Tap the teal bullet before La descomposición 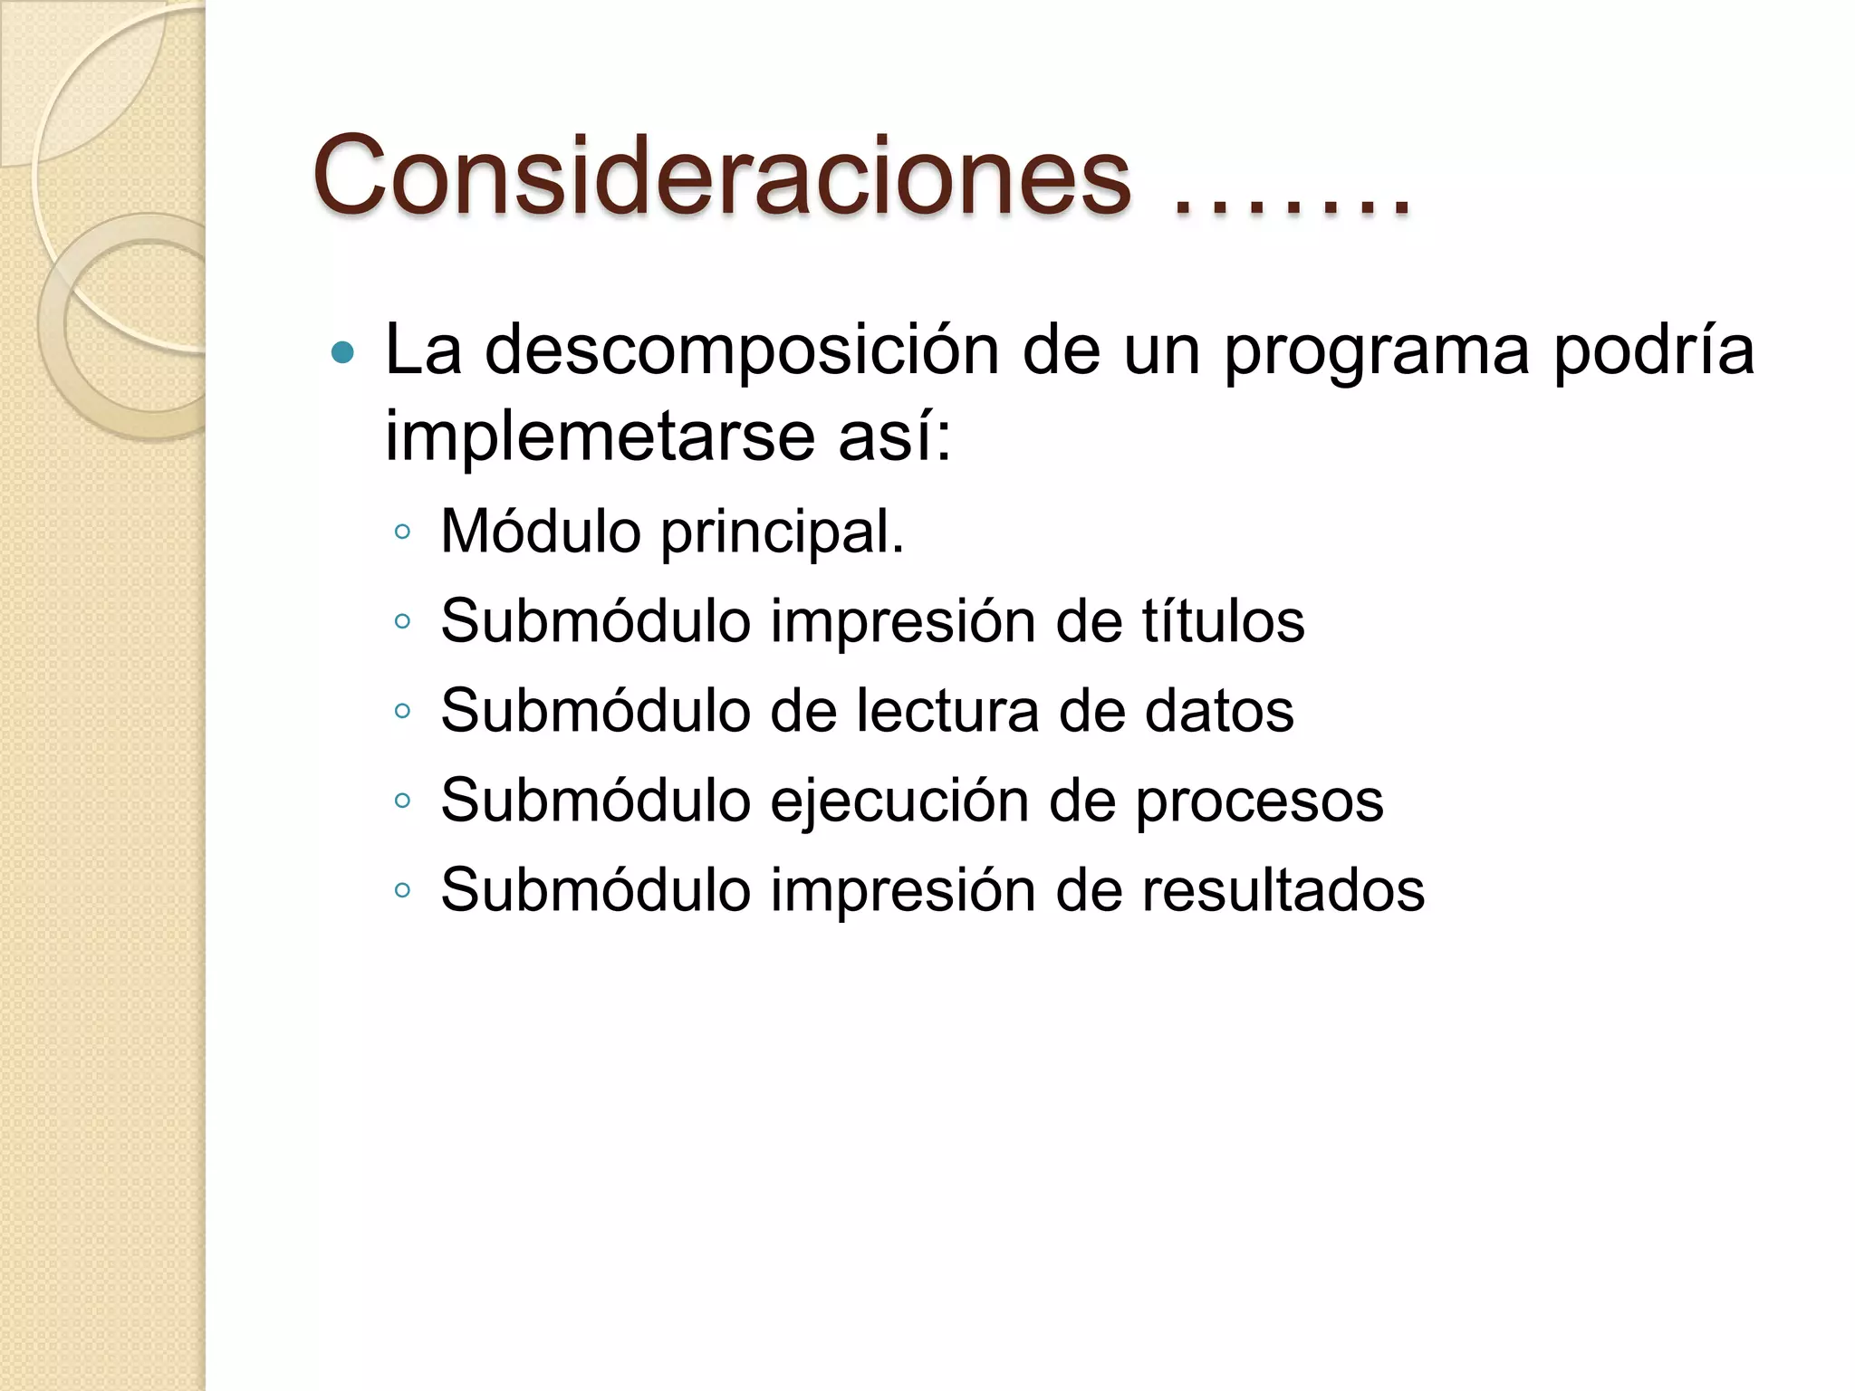[343, 351]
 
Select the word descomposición [742, 351]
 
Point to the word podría [1654, 350]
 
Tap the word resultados [1283, 890]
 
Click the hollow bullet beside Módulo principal [403, 532]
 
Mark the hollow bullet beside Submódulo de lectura [403, 712]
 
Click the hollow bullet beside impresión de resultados [403, 891]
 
